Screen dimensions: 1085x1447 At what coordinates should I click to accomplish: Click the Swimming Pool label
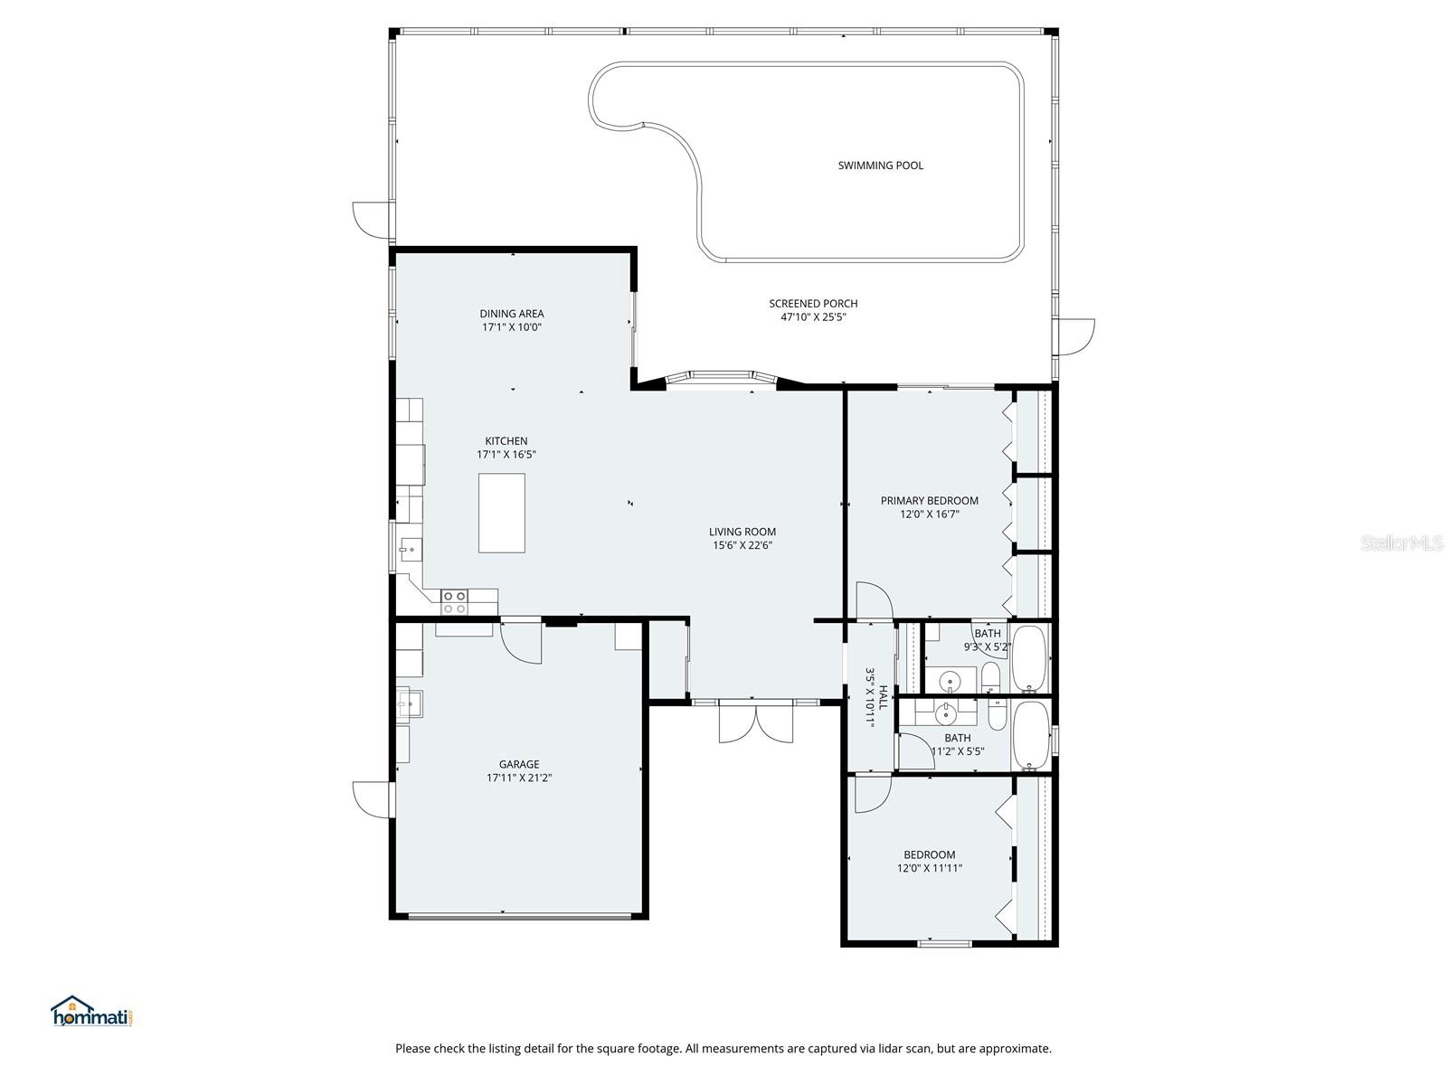[880, 165]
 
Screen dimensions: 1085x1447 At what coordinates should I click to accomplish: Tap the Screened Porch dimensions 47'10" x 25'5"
[813, 317]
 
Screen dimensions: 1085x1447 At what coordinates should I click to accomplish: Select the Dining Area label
[512, 314]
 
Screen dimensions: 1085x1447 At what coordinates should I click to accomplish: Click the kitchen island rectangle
[501, 512]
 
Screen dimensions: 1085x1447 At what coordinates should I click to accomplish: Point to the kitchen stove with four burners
[454, 602]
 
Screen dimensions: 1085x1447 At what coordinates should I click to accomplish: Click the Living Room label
[742, 532]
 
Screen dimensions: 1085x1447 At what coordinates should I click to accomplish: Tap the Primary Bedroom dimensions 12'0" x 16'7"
[929, 514]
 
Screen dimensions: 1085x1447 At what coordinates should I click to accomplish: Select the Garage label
[519, 764]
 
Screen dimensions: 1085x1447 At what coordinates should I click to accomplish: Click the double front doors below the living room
[755, 723]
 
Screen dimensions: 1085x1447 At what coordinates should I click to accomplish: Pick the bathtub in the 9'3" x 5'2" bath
[1030, 657]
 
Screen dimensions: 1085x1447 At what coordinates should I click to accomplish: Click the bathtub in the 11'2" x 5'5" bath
[1030, 735]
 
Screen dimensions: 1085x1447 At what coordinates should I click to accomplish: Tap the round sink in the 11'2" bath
[946, 715]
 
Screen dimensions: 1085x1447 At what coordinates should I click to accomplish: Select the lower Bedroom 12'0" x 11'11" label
[929, 854]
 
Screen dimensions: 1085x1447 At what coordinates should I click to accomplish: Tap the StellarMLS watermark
[1402, 543]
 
